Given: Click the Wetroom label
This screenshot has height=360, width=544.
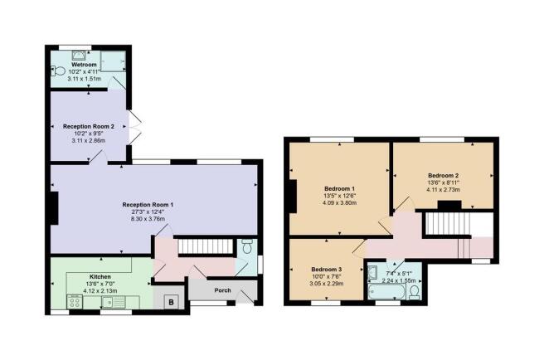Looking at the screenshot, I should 84,64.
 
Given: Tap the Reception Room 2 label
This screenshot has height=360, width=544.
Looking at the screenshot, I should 88,126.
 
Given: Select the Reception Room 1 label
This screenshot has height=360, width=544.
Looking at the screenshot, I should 148,204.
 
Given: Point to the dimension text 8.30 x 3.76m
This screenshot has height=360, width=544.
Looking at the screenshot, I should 148,220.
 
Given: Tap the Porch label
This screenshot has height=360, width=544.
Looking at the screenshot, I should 222,290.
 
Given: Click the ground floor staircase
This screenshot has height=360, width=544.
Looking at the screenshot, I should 203,247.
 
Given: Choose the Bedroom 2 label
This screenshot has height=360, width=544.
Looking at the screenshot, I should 442,176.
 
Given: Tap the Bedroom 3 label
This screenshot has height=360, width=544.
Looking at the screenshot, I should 326,270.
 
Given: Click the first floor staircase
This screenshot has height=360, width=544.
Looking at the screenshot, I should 447,224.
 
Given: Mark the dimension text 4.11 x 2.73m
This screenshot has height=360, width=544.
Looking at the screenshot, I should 442,191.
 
